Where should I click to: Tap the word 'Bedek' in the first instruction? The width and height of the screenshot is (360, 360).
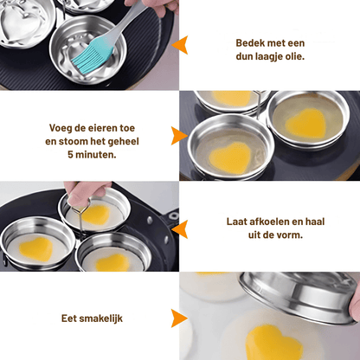point(250,43)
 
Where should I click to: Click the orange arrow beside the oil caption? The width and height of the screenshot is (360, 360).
point(180,45)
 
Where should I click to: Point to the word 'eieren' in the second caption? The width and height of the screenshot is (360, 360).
point(93,128)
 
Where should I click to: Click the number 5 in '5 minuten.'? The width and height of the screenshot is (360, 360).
point(70,155)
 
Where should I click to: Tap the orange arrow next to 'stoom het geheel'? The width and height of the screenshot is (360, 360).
point(179,136)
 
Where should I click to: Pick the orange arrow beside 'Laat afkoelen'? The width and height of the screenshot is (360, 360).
point(180,229)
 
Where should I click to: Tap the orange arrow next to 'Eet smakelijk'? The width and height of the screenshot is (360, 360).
point(179,318)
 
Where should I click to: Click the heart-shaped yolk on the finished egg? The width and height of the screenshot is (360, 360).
point(274,343)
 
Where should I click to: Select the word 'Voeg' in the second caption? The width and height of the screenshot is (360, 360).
point(61,128)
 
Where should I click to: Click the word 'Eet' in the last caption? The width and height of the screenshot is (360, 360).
point(69,318)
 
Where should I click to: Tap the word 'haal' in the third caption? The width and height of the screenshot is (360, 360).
point(315,222)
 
